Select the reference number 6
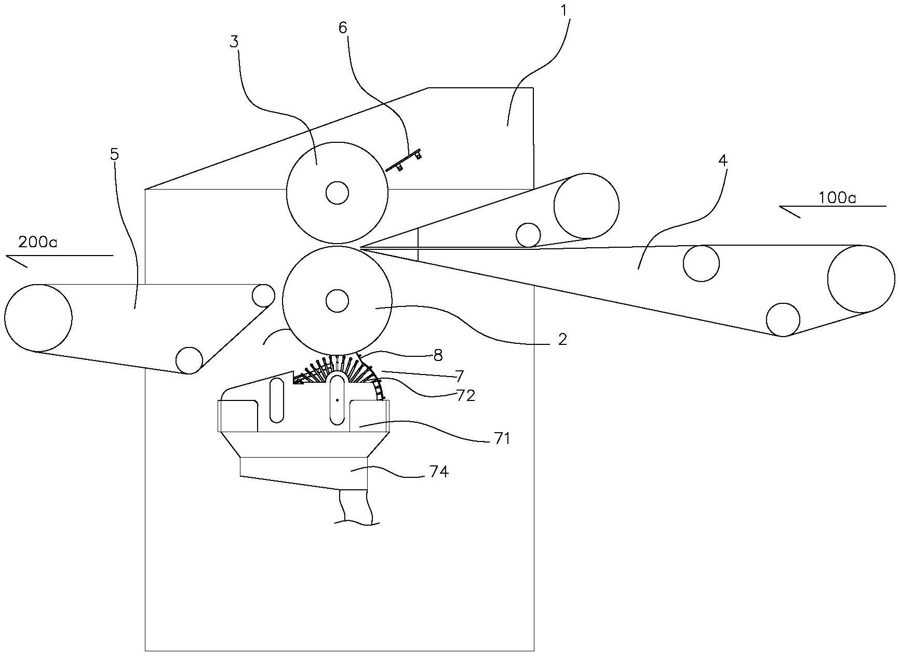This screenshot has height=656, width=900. point(343,28)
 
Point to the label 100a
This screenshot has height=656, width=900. point(837,197)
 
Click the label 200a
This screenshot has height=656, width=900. point(37,242)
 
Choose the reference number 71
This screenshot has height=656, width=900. point(502,439)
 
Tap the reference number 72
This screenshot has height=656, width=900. point(466,396)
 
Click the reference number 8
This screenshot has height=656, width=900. point(438,355)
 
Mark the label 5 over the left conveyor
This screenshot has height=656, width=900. point(114,154)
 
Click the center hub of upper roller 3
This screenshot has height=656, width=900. point(337,193)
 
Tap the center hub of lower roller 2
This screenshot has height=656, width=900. point(337,300)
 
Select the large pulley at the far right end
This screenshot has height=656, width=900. point(861,279)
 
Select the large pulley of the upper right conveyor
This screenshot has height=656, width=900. point(586,206)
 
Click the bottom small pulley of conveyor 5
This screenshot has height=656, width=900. point(189,360)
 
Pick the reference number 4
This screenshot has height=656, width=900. point(723,160)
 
